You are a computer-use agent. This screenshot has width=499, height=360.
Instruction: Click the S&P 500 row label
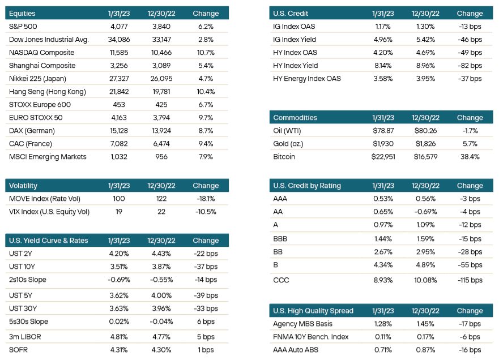23,27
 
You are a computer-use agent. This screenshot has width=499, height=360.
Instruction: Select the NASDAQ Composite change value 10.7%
206,53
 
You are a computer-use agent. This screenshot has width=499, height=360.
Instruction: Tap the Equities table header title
22,14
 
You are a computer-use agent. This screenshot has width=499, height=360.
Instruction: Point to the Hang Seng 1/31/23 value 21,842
119,92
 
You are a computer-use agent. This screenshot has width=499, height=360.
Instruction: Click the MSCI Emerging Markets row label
48,157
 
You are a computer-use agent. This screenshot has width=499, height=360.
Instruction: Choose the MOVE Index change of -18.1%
206,199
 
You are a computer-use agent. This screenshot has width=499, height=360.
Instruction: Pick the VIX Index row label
49,212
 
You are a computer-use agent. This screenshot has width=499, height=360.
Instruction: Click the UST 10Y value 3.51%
119,267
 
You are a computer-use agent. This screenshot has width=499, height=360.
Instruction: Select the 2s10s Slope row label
28,280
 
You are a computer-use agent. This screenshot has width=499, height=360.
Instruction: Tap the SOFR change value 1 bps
206,350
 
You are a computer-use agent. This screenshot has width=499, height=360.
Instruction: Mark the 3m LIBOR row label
25,337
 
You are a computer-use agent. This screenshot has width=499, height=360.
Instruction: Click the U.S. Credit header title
291,14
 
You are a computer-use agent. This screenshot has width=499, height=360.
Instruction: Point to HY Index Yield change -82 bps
470,66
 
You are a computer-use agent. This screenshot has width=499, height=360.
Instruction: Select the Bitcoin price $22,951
383,157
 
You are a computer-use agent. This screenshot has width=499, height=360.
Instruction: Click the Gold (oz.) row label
288,144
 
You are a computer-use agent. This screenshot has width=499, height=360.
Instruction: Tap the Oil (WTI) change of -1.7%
470,131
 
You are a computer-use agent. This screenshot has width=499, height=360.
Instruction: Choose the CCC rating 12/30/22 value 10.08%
425,280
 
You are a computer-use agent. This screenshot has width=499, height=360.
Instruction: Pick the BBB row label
280,239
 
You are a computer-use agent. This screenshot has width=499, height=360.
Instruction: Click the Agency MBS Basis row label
302,324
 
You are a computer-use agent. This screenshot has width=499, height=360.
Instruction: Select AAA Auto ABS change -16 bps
470,350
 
